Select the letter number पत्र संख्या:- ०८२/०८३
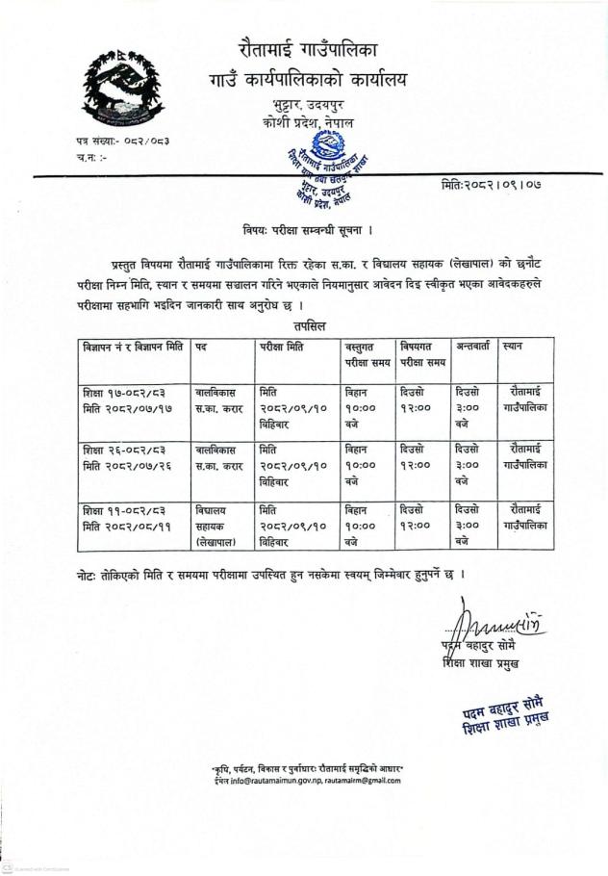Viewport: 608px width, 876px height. (x=122, y=141)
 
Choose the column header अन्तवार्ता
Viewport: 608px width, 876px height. (x=473, y=348)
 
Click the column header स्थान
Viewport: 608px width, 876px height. (x=513, y=348)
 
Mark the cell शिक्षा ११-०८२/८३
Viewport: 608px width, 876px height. (x=120, y=507)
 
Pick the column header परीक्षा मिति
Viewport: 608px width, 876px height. (x=282, y=348)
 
